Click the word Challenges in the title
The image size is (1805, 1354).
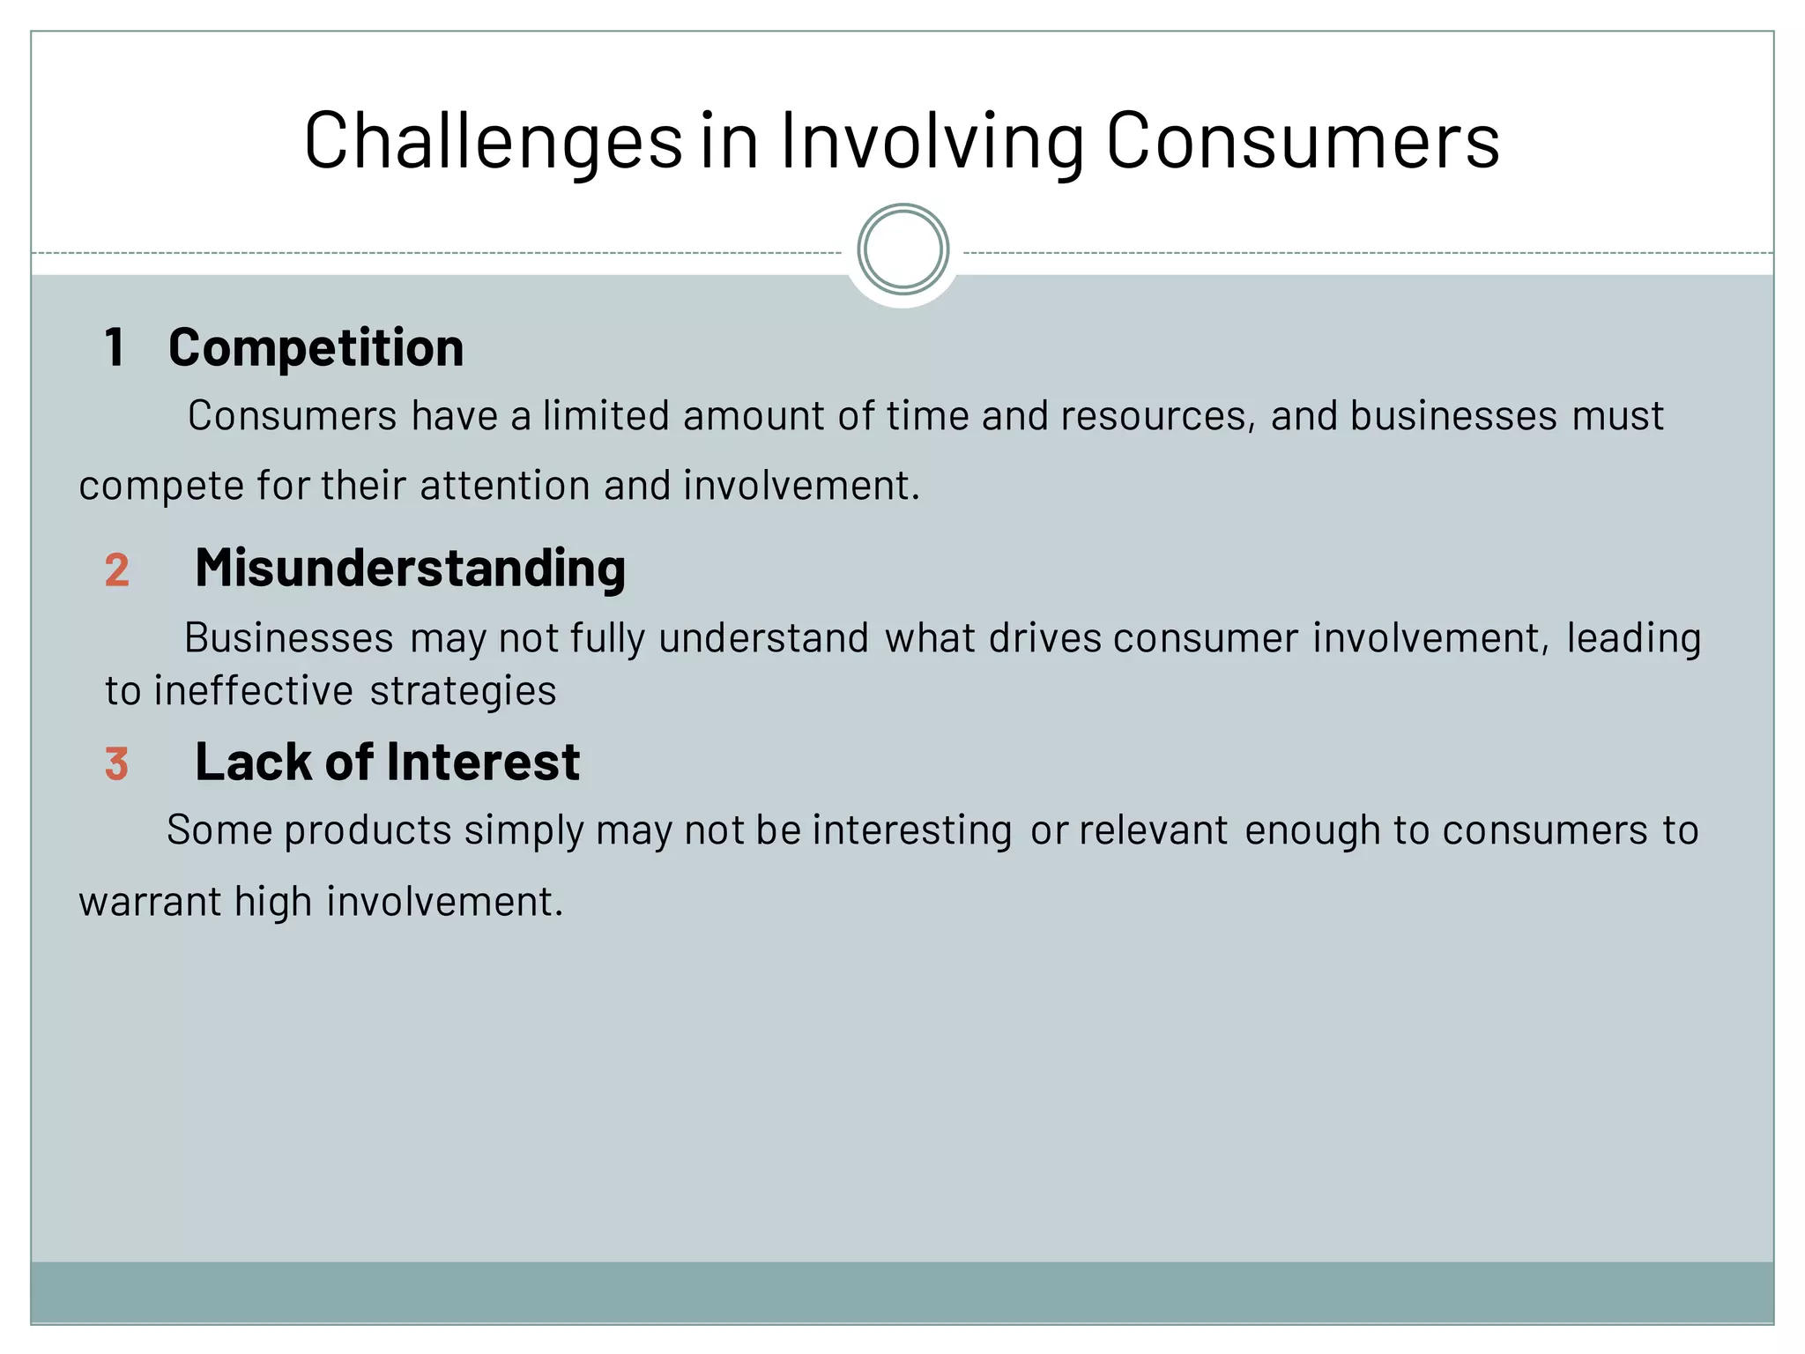493,141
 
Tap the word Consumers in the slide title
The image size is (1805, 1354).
1302,141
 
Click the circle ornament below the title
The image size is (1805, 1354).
902,249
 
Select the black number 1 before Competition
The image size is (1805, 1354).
115,347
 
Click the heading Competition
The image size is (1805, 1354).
316,347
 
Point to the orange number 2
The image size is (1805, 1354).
116,569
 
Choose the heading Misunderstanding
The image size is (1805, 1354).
410,568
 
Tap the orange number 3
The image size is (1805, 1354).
116,764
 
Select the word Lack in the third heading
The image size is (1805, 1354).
252,762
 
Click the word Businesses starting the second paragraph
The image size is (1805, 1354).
288,638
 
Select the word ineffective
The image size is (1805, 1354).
254,691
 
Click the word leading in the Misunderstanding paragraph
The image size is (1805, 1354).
1633,638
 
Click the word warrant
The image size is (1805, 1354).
150,902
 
